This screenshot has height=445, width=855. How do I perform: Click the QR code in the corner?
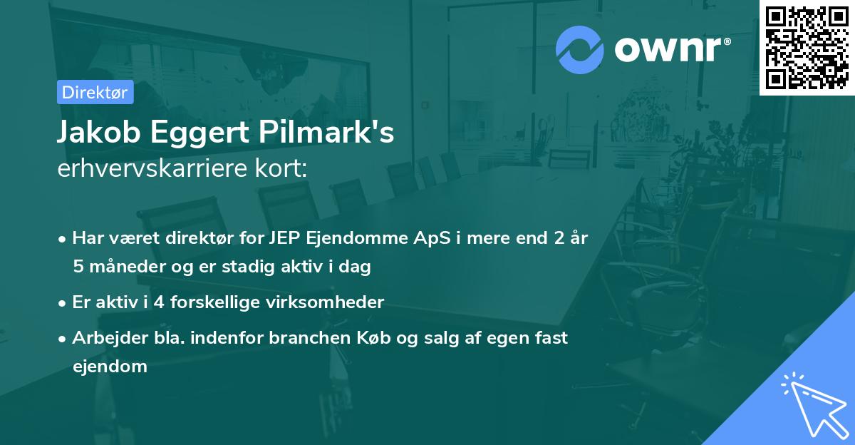(x=807, y=47)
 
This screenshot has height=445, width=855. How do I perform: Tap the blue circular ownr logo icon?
(x=579, y=49)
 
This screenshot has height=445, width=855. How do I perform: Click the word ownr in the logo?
(x=670, y=49)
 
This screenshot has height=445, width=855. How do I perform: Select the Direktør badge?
(x=95, y=92)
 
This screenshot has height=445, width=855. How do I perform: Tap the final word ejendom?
(x=110, y=367)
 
